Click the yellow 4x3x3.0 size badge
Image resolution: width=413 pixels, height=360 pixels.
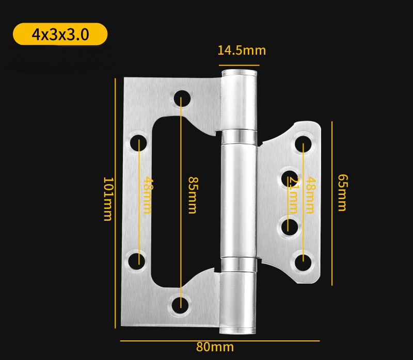[x=60, y=35]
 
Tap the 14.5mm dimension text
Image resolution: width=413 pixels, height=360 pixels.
[x=241, y=51]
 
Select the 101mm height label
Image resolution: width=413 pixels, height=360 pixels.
[x=107, y=199]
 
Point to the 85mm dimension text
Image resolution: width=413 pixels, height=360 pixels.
[x=192, y=195]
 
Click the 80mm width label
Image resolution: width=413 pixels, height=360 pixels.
[x=215, y=347]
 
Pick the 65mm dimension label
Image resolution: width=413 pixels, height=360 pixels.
[x=341, y=192]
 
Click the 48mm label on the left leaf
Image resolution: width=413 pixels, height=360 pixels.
[x=148, y=195]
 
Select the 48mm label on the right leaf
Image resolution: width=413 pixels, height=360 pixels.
[x=310, y=195]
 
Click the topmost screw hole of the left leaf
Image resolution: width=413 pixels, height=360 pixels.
[x=181, y=97]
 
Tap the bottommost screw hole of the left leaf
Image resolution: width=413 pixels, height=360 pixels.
[x=181, y=303]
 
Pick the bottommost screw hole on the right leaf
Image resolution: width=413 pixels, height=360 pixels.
[x=303, y=259]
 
